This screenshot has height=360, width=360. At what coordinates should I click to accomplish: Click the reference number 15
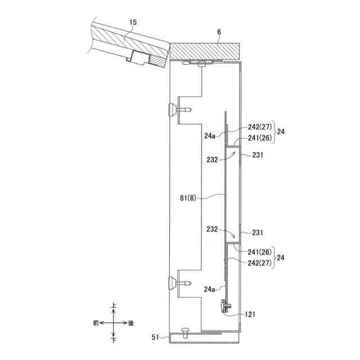(133, 22)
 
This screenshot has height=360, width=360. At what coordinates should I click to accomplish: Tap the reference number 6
(219, 32)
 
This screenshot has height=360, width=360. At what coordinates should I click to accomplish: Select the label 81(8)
(188, 198)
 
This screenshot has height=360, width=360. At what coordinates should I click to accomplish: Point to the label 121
(250, 314)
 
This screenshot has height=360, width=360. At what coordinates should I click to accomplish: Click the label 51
(155, 337)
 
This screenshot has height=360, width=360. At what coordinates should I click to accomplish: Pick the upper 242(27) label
(259, 127)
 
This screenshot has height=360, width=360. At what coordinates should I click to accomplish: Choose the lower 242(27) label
(259, 263)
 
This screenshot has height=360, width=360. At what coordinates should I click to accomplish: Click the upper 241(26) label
(259, 138)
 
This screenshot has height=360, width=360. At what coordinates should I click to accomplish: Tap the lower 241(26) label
(259, 252)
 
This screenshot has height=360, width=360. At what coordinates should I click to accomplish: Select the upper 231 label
(258, 155)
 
